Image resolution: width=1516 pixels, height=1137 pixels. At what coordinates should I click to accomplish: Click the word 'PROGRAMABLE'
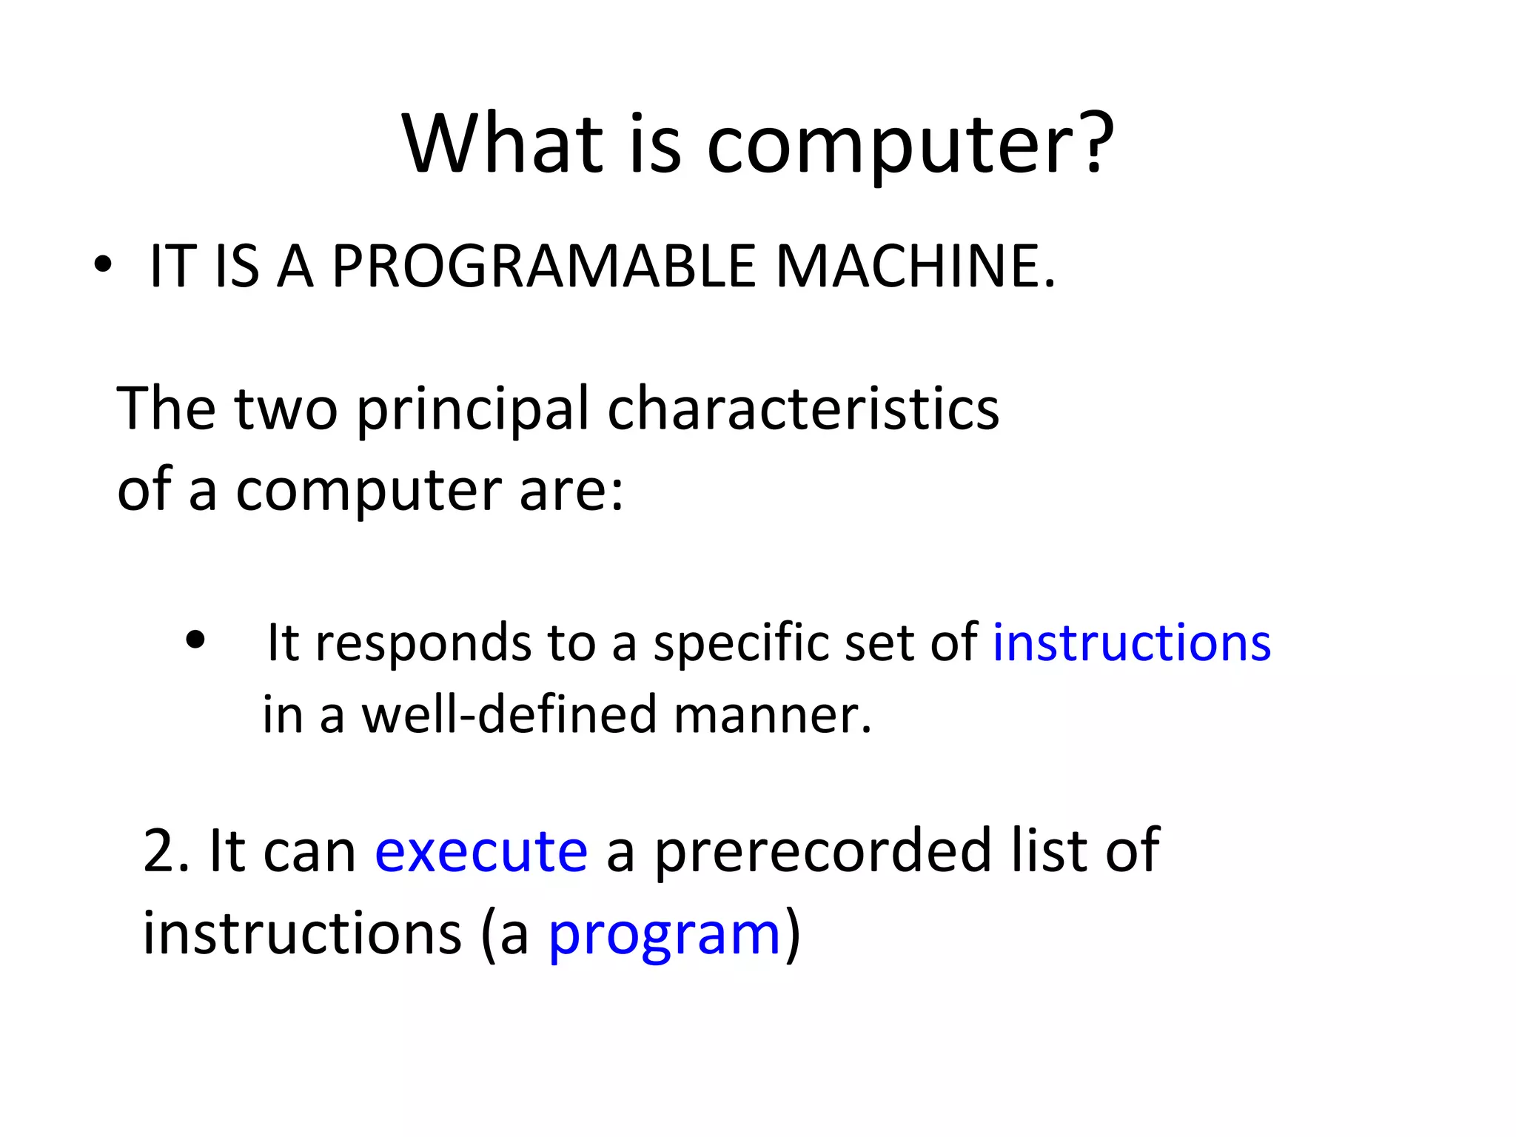(544, 266)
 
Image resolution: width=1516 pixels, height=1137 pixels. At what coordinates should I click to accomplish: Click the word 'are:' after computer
(571, 491)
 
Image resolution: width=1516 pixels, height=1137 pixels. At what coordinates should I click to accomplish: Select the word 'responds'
(423, 643)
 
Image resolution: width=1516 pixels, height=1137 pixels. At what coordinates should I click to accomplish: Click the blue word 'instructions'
(1132, 643)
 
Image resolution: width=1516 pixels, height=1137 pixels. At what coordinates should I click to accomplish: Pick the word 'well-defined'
(509, 715)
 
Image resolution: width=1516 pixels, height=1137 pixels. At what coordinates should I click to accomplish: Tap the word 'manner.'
(773, 715)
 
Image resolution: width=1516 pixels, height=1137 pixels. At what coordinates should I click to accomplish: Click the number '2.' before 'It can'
(167, 851)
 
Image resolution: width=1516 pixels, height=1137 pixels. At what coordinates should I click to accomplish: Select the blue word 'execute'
(481, 851)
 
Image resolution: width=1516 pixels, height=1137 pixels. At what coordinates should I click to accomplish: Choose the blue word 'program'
(665, 934)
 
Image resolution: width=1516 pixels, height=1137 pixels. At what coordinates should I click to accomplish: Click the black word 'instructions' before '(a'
(302, 933)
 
